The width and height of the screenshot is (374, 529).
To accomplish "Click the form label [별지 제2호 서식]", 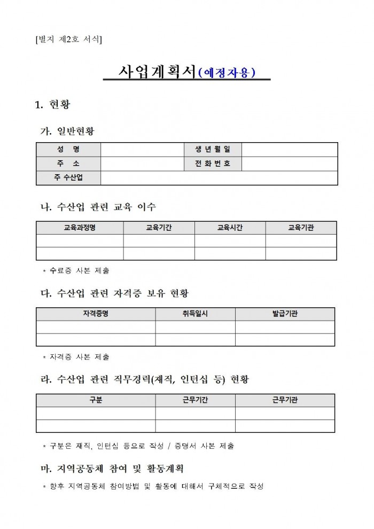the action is coord(68,39).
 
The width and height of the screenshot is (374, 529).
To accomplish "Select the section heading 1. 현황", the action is coord(52,104).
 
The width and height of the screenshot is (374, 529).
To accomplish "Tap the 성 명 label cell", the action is coord(68,150).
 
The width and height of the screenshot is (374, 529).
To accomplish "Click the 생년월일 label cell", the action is coord(212,150).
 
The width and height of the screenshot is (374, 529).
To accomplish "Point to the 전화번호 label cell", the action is coord(212,164).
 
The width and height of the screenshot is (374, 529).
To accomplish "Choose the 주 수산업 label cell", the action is coord(68,177).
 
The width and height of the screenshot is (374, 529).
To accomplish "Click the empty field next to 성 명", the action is coord(141,150).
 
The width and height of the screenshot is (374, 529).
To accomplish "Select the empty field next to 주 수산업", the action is coord(219,177).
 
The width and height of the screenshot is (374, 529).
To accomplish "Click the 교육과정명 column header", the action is coord(80,228).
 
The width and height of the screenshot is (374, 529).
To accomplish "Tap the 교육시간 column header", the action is coord(230,228).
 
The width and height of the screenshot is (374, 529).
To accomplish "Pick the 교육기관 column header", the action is coord(301,228).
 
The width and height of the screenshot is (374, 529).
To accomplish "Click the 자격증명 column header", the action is coord(96,314).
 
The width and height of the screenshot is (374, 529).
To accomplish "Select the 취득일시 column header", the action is coord(195,314).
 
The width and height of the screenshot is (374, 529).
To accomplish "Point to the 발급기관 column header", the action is coord(285,314).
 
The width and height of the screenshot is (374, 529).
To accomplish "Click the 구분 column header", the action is coord(96,400).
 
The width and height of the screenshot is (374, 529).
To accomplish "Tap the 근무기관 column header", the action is coord(285,400).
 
